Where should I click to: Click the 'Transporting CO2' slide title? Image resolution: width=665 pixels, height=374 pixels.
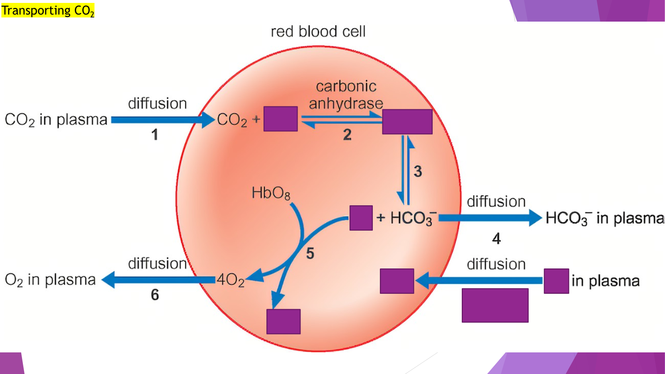(48, 10)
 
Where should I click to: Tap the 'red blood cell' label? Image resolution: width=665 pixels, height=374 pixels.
(318, 32)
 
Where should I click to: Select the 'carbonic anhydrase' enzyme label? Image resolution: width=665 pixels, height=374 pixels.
(346, 95)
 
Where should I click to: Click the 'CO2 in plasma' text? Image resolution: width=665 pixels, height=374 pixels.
(56, 120)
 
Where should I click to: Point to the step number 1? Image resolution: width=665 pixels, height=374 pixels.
(155, 135)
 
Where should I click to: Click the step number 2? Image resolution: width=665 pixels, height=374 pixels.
(347, 135)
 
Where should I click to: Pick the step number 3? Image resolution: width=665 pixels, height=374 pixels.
(418, 171)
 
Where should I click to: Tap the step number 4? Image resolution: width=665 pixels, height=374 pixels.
(496, 239)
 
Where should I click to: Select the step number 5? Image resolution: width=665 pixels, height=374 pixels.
(310, 253)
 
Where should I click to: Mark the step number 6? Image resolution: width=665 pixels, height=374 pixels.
(155, 295)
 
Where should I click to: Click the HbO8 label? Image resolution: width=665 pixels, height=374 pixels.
(271, 193)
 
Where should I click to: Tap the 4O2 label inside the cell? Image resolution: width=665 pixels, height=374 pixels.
(230, 280)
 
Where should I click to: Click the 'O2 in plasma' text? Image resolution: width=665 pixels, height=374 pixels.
(50, 280)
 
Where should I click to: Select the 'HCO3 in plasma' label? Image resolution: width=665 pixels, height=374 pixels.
(605, 218)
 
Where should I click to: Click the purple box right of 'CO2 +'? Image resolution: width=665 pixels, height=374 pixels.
(281, 119)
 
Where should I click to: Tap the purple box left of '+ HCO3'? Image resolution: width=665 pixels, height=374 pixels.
(361, 218)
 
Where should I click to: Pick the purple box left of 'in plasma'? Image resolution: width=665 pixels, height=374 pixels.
(556, 281)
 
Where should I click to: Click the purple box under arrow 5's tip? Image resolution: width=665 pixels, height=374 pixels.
(283, 321)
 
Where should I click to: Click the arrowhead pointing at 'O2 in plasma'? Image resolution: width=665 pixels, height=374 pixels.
(108, 280)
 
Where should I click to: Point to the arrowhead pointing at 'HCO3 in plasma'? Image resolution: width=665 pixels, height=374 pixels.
(536, 218)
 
